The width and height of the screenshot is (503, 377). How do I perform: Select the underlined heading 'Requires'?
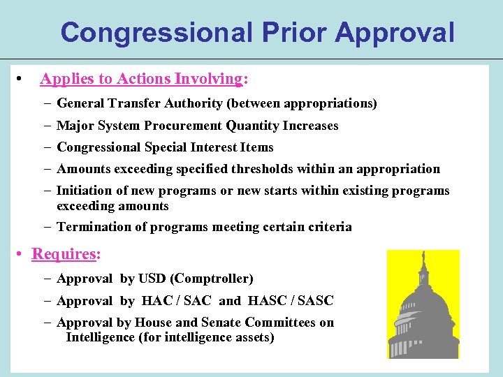[x=64, y=254]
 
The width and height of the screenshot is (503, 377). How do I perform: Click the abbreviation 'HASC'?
[x=263, y=301]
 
